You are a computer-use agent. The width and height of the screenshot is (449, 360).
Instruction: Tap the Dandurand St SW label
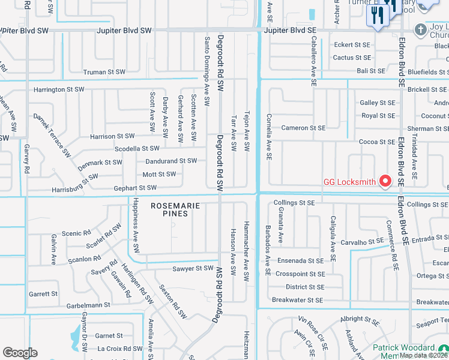click(x=171, y=161)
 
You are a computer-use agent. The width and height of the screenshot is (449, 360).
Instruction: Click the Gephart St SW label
click(x=135, y=188)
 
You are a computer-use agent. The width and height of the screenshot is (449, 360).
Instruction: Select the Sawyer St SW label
click(x=193, y=268)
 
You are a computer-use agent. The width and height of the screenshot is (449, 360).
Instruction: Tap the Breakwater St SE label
click(x=297, y=300)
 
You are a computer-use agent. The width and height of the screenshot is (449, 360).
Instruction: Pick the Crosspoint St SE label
click(x=300, y=274)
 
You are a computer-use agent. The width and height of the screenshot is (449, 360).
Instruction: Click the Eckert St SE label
click(x=352, y=44)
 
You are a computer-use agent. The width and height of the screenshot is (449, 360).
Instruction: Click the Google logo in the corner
click(x=20, y=353)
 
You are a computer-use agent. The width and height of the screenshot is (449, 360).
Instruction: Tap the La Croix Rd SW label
click(x=118, y=349)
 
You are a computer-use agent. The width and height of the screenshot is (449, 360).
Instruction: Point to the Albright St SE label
click(x=360, y=320)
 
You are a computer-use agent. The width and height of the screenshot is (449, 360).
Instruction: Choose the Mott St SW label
click(x=159, y=174)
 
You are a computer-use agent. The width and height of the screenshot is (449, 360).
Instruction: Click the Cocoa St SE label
click(x=377, y=142)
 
